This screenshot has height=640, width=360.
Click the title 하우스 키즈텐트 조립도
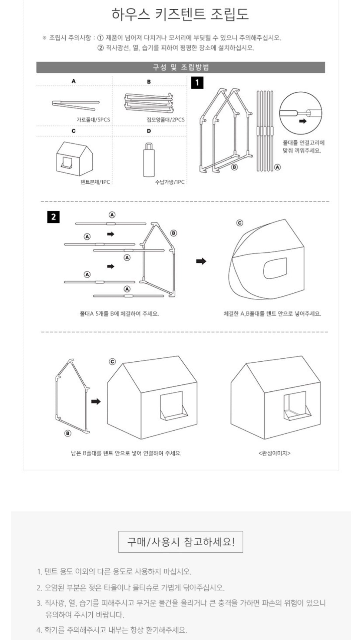pyautogui.click(x=180, y=14)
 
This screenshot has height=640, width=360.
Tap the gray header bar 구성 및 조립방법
pyautogui.click(x=180, y=67)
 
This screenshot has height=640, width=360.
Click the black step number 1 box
pyautogui.click(x=197, y=83)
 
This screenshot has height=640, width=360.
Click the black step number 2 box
pyautogui.click(x=54, y=217)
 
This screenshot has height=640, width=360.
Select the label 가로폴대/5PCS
pyautogui.click(x=93, y=119)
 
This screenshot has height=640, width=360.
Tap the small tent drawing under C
pyautogui.click(x=75, y=159)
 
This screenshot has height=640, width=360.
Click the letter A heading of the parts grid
pyautogui.click(x=74, y=81)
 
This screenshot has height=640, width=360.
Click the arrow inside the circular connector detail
pyautogui.click(x=303, y=121)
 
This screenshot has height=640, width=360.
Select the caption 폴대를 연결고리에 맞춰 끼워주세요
pyautogui.click(x=303, y=147)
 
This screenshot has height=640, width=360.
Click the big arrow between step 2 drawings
pyautogui.click(x=201, y=261)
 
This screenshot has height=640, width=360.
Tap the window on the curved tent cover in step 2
pyautogui.click(x=275, y=268)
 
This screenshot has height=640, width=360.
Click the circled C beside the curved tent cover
pyautogui.click(x=240, y=223)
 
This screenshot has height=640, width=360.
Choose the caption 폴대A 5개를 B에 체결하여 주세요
pyautogui.click(x=119, y=314)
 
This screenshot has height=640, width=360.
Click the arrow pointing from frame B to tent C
pyautogui.click(x=96, y=401)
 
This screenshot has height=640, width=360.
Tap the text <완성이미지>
pyautogui.click(x=274, y=453)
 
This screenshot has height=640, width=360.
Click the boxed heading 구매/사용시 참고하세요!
pyautogui.click(x=181, y=542)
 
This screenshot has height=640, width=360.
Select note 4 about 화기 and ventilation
pyautogui.click(x=112, y=630)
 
